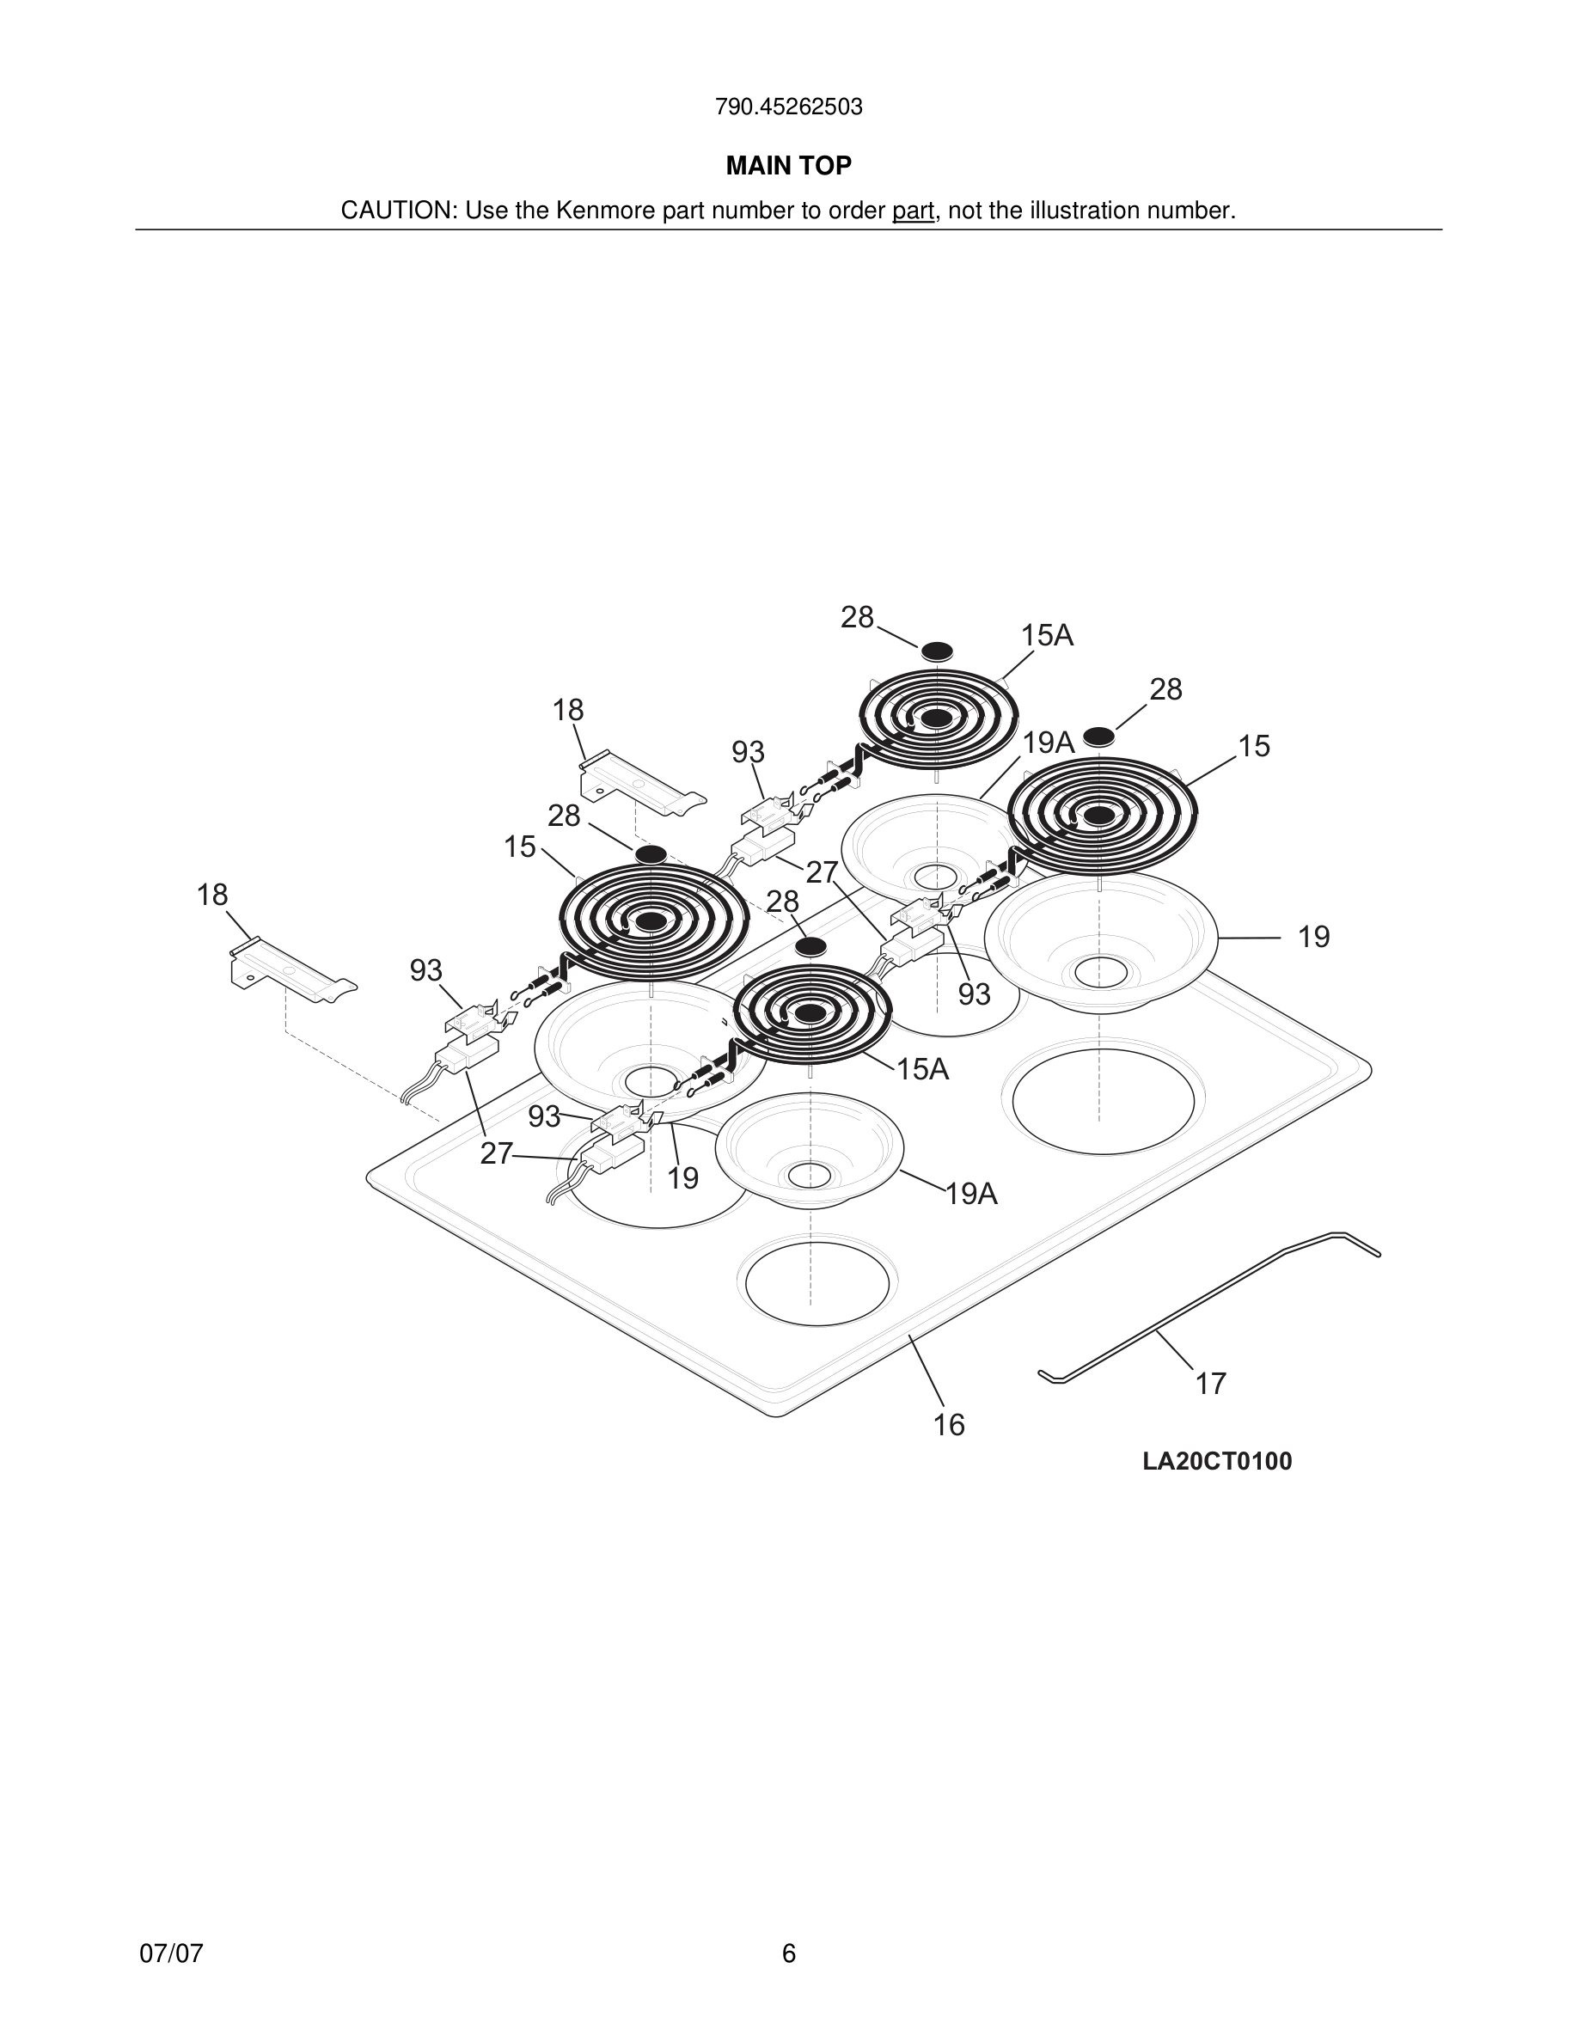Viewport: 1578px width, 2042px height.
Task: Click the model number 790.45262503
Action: click(x=788, y=107)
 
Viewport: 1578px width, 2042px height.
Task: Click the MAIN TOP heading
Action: click(x=788, y=166)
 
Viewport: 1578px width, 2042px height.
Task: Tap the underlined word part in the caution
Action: click(x=913, y=211)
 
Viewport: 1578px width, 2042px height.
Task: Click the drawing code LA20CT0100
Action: click(x=1216, y=1461)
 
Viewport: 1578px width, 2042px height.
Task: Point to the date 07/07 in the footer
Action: click(x=171, y=1953)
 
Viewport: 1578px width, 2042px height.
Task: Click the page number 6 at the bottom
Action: click(x=788, y=1953)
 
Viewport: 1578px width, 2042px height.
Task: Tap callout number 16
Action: click(x=949, y=1425)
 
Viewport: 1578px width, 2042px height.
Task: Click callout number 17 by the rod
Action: click(x=1211, y=1384)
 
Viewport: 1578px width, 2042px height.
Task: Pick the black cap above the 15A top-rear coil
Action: click(x=937, y=651)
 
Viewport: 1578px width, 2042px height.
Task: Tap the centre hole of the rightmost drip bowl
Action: click(x=1100, y=972)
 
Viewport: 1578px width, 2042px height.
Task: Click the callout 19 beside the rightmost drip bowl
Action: click(x=1313, y=937)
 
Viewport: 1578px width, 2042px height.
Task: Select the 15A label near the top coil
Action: click(x=1046, y=636)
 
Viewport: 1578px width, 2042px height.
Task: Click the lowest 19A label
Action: click(x=971, y=1194)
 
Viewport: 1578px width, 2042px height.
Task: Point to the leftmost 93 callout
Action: click(x=425, y=970)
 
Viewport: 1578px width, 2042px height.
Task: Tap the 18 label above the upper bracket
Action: click(x=567, y=711)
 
